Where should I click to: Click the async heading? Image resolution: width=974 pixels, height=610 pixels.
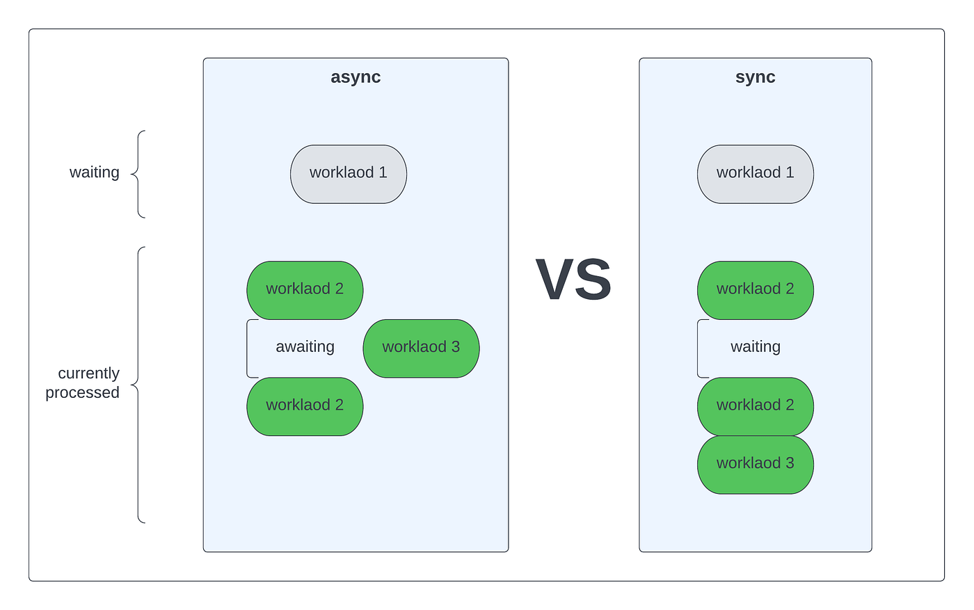click(356, 77)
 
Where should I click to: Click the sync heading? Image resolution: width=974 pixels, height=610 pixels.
click(756, 77)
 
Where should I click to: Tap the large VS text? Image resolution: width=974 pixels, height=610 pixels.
click(573, 279)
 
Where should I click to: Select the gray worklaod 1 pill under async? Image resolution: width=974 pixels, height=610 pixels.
click(349, 174)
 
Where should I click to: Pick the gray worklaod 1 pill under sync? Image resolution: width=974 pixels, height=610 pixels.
click(756, 174)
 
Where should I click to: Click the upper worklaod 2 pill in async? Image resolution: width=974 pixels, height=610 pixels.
click(305, 291)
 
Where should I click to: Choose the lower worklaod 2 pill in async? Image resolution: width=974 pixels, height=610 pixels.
click(305, 406)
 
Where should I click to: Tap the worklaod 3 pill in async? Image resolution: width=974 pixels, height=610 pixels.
click(421, 348)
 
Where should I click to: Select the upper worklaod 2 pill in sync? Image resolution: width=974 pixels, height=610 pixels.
click(756, 291)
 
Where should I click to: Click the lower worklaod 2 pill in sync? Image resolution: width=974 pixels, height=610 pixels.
click(756, 406)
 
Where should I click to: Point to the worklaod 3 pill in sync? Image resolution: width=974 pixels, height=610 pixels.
click(756, 465)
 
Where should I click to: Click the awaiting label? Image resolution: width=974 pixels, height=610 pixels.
click(305, 347)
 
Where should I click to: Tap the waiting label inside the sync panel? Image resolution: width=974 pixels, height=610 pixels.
click(756, 347)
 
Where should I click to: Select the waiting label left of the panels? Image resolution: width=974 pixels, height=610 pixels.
click(95, 172)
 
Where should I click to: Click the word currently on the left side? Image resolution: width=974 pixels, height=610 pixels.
click(89, 373)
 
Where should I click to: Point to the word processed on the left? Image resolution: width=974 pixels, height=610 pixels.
click(82, 392)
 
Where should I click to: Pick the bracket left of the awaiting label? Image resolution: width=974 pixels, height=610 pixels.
click(247, 348)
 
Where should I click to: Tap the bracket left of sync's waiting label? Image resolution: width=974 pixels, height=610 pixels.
click(697, 348)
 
